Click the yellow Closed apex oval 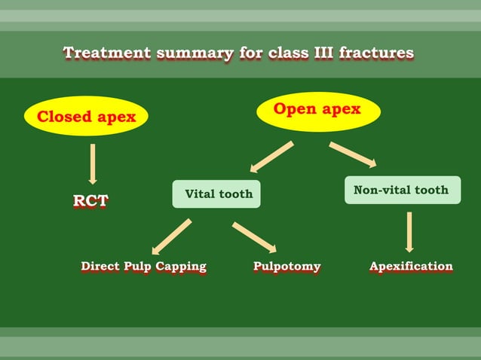[x=86, y=116]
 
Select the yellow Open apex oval [x=317, y=110]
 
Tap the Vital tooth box [x=217, y=194]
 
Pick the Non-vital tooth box [x=401, y=190]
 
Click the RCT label [x=90, y=201]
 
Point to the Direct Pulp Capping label [x=143, y=267]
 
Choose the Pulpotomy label [x=286, y=267]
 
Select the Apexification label [x=411, y=267]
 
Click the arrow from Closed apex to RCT [x=93, y=163]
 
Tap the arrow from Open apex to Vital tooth [x=271, y=157]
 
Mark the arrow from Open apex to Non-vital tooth [x=353, y=154]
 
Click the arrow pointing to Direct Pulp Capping [x=171, y=236]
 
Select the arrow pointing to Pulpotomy [x=255, y=236]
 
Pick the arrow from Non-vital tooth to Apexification [x=409, y=231]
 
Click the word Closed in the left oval [x=63, y=117]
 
